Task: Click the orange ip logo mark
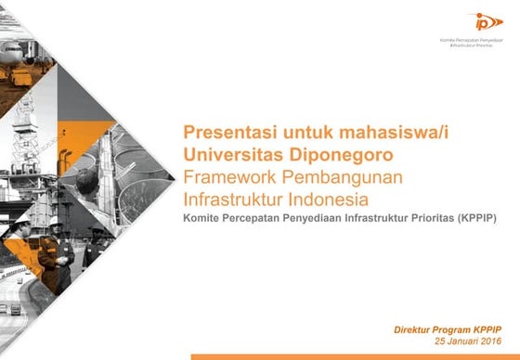484,21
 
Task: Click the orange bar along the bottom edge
353,356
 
